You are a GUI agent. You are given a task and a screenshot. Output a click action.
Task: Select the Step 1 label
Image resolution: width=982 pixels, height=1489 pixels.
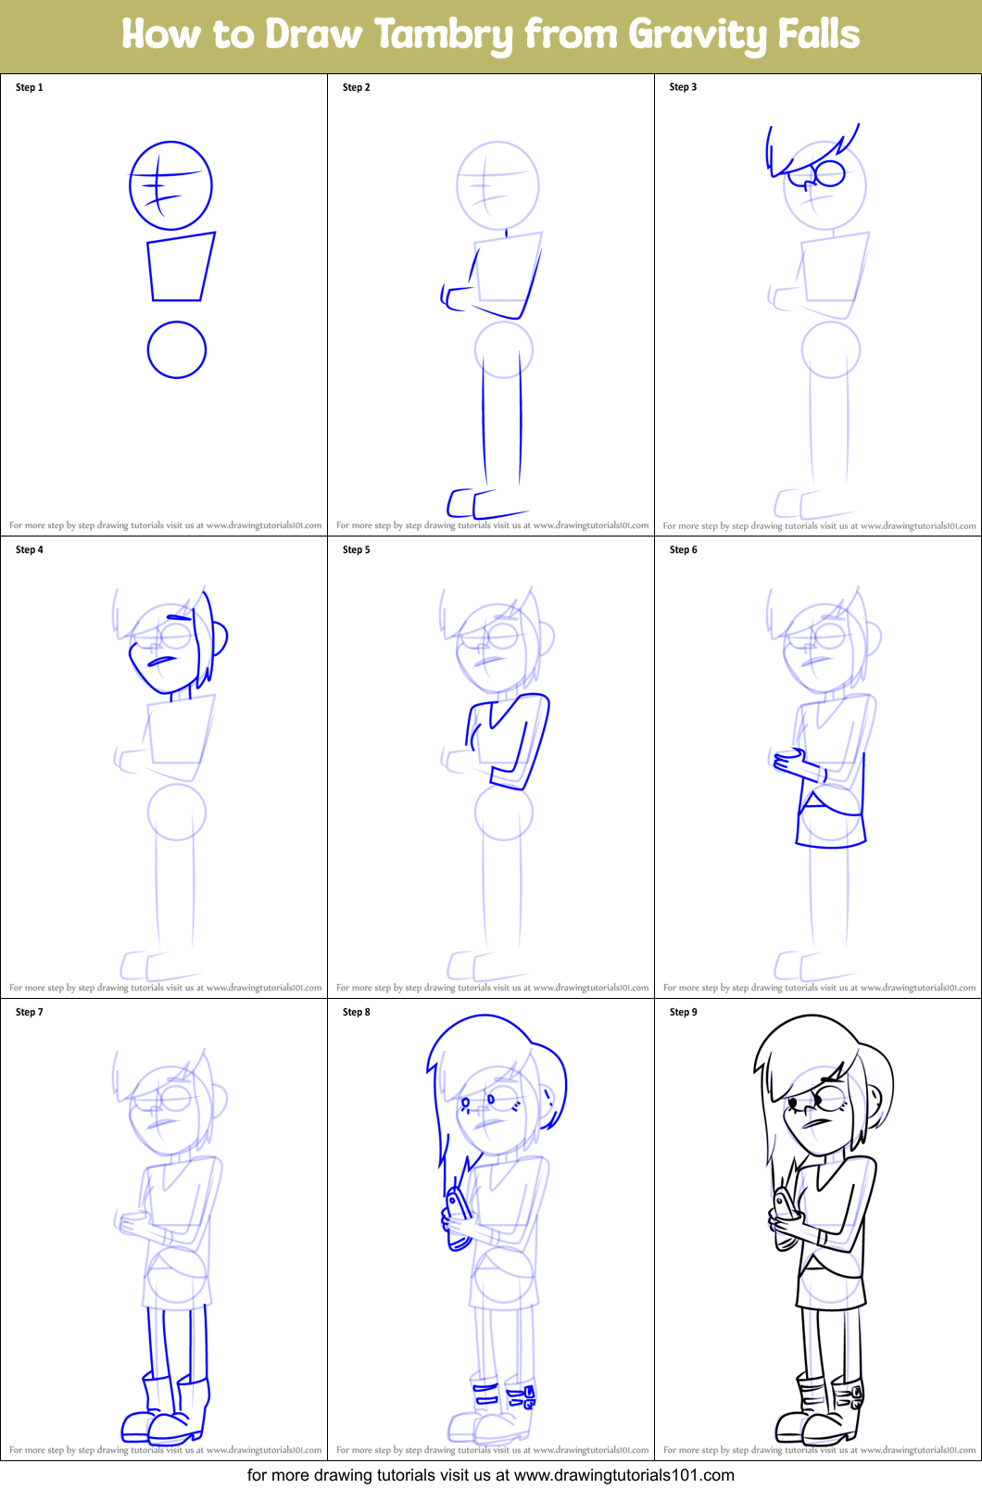pos(30,87)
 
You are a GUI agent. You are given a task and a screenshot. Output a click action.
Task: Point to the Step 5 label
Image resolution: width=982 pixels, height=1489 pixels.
pos(357,549)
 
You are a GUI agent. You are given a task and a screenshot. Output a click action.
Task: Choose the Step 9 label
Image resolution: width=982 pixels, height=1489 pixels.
pos(684,1012)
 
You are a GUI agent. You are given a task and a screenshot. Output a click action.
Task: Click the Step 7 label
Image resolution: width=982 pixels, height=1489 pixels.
pos(30,1012)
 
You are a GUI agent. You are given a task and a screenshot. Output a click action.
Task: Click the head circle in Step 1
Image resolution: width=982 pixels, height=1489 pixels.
pos(170,185)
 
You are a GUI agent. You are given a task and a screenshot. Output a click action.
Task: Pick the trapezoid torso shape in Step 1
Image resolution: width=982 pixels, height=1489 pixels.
pos(181,267)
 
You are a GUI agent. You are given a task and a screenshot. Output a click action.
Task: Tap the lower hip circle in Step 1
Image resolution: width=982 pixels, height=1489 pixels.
pos(177,349)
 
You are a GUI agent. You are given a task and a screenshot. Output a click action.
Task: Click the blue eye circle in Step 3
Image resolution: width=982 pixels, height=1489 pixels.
pos(830,173)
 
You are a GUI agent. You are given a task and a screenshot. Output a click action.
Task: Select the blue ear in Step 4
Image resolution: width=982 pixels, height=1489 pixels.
pos(220,637)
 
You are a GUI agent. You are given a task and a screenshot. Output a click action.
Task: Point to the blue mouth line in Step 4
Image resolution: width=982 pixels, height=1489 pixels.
pos(163,661)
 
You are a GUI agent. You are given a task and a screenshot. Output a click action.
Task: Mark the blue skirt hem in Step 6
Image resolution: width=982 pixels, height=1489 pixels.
pos(831,844)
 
